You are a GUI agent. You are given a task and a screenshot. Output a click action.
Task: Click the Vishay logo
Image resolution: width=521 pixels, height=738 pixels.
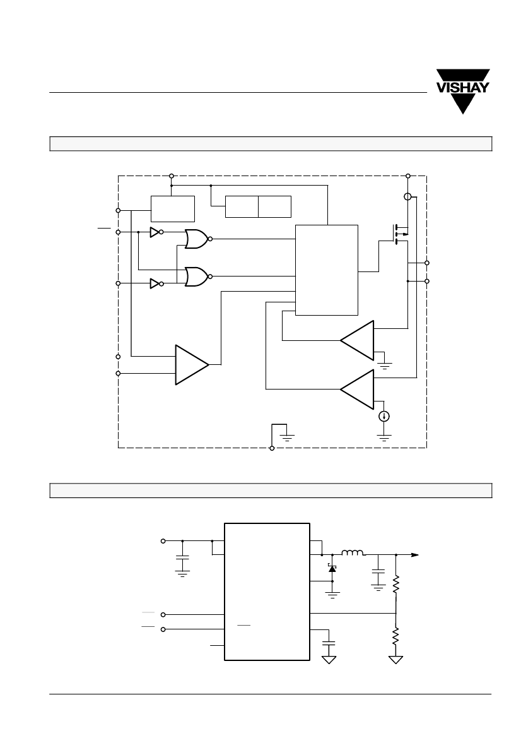[x=463, y=92]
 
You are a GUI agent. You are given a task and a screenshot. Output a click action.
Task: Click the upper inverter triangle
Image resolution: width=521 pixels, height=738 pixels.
[x=155, y=232]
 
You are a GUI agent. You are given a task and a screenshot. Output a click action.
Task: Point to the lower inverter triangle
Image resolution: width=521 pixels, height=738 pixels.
[x=155, y=283]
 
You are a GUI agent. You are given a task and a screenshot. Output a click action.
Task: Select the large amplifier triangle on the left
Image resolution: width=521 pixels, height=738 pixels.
[x=192, y=365]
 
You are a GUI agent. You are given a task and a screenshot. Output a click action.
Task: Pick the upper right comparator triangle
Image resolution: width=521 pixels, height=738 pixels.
[x=357, y=340]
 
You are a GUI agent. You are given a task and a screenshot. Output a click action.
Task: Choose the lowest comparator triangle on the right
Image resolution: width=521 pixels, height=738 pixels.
[x=357, y=390]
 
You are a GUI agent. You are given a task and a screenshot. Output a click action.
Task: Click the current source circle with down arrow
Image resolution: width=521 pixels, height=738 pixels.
[x=384, y=416]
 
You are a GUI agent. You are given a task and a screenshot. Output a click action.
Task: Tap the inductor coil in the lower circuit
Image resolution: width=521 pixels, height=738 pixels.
[x=352, y=553]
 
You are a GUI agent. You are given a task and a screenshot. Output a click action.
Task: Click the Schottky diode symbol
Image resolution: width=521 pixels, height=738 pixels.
[x=332, y=569]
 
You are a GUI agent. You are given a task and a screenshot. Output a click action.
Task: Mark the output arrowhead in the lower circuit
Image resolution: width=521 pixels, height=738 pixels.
[x=415, y=555]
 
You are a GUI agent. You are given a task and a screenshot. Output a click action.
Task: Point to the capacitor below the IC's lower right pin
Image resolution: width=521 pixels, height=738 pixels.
[x=329, y=643]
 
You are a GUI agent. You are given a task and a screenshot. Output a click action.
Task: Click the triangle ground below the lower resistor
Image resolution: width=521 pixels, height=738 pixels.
[x=396, y=660]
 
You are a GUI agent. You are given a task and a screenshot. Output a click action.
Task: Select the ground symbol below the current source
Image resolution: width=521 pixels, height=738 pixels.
[x=384, y=438]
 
